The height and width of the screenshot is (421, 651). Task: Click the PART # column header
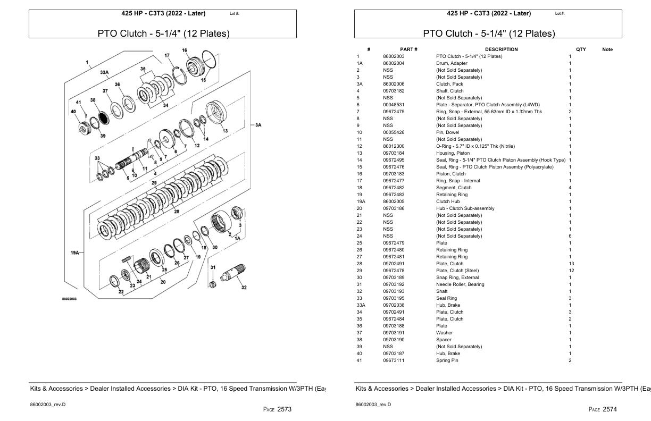(x=408, y=49)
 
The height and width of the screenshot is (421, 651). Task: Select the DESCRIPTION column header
(x=501, y=49)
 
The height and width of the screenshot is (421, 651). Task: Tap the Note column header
(x=607, y=49)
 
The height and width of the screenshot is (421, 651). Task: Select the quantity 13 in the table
(x=571, y=264)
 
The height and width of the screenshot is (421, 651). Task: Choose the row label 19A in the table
(x=360, y=201)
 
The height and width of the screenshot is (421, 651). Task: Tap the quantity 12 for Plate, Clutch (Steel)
(x=571, y=271)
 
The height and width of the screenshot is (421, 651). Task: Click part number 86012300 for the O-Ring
(x=394, y=146)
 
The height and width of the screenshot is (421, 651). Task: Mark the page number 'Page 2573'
(x=277, y=409)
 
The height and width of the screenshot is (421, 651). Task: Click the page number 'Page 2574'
(x=603, y=409)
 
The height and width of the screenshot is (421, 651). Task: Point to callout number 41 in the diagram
(x=78, y=102)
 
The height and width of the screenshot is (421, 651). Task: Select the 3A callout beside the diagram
(x=258, y=125)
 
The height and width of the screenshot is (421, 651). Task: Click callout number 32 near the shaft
(x=244, y=288)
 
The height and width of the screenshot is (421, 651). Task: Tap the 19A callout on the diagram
(x=76, y=253)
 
